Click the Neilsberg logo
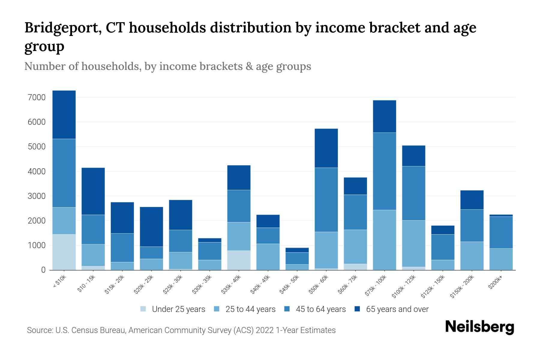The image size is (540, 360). point(479,327)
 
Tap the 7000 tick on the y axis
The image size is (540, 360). point(36,97)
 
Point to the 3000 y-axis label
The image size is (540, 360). point(36,196)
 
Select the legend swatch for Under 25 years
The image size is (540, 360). point(143,309)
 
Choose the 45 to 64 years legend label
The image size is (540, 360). point(321,309)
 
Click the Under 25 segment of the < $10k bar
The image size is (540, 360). point(64,252)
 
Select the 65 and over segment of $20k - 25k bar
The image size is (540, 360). point(151,227)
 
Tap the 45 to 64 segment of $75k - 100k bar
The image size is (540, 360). point(384,171)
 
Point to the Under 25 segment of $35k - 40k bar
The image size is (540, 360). point(239,260)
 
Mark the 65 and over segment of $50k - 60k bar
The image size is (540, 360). point(326,148)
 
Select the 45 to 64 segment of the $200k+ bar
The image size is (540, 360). point(501,232)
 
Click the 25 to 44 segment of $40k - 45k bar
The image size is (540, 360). point(268,257)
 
